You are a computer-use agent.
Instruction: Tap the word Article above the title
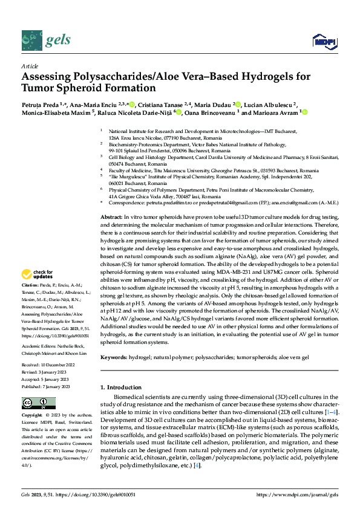[x=30, y=65]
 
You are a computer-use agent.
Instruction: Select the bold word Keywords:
[x=116, y=358]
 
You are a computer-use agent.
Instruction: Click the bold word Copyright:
[x=33, y=415]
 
